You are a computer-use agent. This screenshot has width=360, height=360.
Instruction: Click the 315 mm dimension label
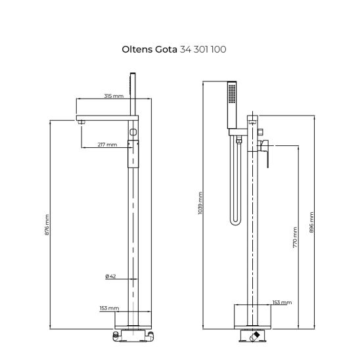pos(114,96)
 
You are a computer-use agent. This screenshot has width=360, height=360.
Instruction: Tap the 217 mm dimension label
pos(107,145)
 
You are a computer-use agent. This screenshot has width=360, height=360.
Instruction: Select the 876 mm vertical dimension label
pos(47,225)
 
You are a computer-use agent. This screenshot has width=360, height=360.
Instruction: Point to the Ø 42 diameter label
pos(110,276)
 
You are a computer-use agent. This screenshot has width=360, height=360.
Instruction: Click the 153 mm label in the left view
pos(109,308)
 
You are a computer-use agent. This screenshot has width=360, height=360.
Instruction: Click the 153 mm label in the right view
pos(282,303)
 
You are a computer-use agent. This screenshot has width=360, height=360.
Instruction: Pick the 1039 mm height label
pos(200,203)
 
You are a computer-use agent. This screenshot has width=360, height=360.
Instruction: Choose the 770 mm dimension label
pos(295,237)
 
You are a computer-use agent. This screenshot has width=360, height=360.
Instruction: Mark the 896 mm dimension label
pos(311,222)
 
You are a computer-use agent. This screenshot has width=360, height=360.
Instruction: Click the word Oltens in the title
pos(137,49)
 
